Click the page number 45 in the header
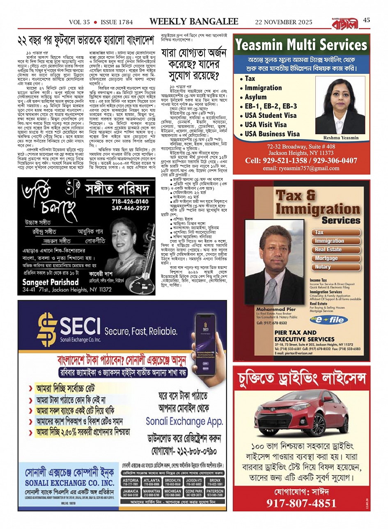pyautogui.click(x=367, y=20)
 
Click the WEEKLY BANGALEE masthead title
pyautogui.click(x=194, y=21)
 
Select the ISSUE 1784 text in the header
pyautogui.click(x=117, y=22)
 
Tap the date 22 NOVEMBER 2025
pyautogui.click(x=284, y=22)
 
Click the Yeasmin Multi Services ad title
pyautogui.click(x=301, y=45)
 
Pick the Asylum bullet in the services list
pyautogui.click(x=255, y=97)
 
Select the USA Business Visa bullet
pyautogui.click(x=272, y=134)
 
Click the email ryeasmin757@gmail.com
pyautogui.click(x=301, y=168)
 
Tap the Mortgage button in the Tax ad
pyautogui.click(x=326, y=258)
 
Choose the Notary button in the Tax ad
pyautogui.click(x=323, y=267)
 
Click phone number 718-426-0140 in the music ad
pyautogui.click(x=130, y=202)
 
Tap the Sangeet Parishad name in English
pyautogui.click(x=51, y=282)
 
